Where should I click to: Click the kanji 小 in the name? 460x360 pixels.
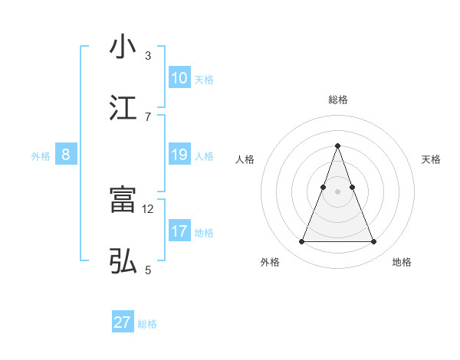coord(123,47)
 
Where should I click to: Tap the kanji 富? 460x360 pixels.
coord(123,200)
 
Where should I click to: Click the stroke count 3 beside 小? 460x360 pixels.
coord(148,55)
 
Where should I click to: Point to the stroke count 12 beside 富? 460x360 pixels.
coord(149,208)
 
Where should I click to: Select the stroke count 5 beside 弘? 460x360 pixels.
coord(148,270)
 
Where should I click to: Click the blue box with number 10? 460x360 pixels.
coord(179,78)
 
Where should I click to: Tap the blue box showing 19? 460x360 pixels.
coord(179,155)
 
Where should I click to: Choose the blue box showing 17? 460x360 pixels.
coord(179,231)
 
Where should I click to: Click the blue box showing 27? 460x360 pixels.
coord(123,322)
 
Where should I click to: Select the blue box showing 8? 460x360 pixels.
coord(66,155)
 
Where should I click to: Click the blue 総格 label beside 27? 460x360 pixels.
coord(147,324)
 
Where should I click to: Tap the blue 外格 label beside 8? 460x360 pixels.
coord(41,156)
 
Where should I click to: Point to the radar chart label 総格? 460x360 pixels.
coord(338,100)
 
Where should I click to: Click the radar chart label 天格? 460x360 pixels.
coord(431,159)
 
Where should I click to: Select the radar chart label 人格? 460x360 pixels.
coord(245,159)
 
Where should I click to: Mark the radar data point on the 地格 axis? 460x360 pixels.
coord(374,242)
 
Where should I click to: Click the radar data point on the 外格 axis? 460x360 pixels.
coord(301,242)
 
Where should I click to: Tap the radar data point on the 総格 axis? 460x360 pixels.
coord(337,146)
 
